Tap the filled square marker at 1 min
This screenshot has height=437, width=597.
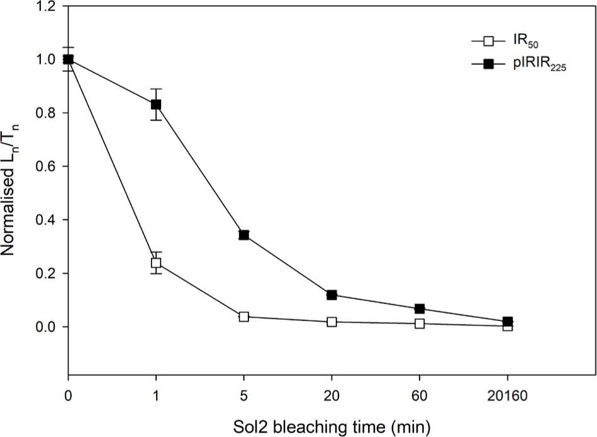coord(156,105)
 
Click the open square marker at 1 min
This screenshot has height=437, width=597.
coord(156,263)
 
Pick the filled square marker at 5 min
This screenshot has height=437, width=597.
coord(244,235)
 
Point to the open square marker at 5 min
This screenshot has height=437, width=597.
coord(244,317)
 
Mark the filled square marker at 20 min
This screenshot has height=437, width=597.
coord(332,295)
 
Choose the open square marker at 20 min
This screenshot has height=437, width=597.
coord(332,322)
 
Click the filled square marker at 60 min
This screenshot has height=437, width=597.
coord(420,309)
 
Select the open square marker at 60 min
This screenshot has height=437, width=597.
coord(420,324)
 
